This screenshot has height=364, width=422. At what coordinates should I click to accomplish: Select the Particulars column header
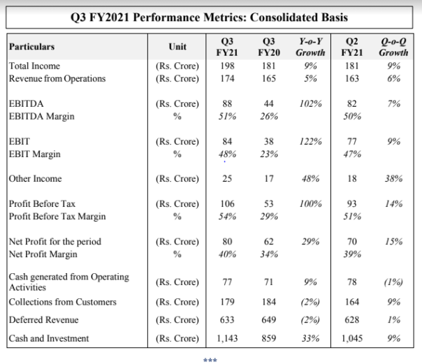click(31, 47)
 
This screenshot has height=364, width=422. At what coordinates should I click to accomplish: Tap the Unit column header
click(177, 47)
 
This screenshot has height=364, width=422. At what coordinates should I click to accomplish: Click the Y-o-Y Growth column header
click(310, 47)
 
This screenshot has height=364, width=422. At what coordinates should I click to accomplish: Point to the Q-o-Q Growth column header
click(393, 47)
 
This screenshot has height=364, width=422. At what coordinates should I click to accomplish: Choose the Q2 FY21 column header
click(351, 47)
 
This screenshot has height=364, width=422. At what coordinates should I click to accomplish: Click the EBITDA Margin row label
click(42, 117)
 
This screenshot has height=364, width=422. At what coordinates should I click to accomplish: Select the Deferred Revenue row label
click(43, 319)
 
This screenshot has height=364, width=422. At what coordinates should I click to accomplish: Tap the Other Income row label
click(35, 179)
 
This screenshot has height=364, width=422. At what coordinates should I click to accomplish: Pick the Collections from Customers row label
click(63, 302)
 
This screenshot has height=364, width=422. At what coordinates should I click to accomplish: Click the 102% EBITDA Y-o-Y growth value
click(311, 104)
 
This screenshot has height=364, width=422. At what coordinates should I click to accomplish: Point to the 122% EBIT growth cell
click(311, 142)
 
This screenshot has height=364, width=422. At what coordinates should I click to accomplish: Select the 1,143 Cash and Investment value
click(227, 338)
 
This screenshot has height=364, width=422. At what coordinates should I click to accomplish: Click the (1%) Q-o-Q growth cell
click(393, 282)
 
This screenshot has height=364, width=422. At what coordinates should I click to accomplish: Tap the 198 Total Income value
click(227, 66)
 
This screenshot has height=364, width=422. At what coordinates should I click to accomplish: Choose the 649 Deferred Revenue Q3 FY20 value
click(269, 319)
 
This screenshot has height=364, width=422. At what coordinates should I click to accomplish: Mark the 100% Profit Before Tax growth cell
click(311, 203)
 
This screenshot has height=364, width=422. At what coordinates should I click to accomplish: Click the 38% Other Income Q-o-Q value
click(393, 179)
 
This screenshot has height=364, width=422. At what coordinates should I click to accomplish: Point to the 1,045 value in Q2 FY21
click(352, 338)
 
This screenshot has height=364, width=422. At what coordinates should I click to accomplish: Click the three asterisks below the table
click(210, 360)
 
